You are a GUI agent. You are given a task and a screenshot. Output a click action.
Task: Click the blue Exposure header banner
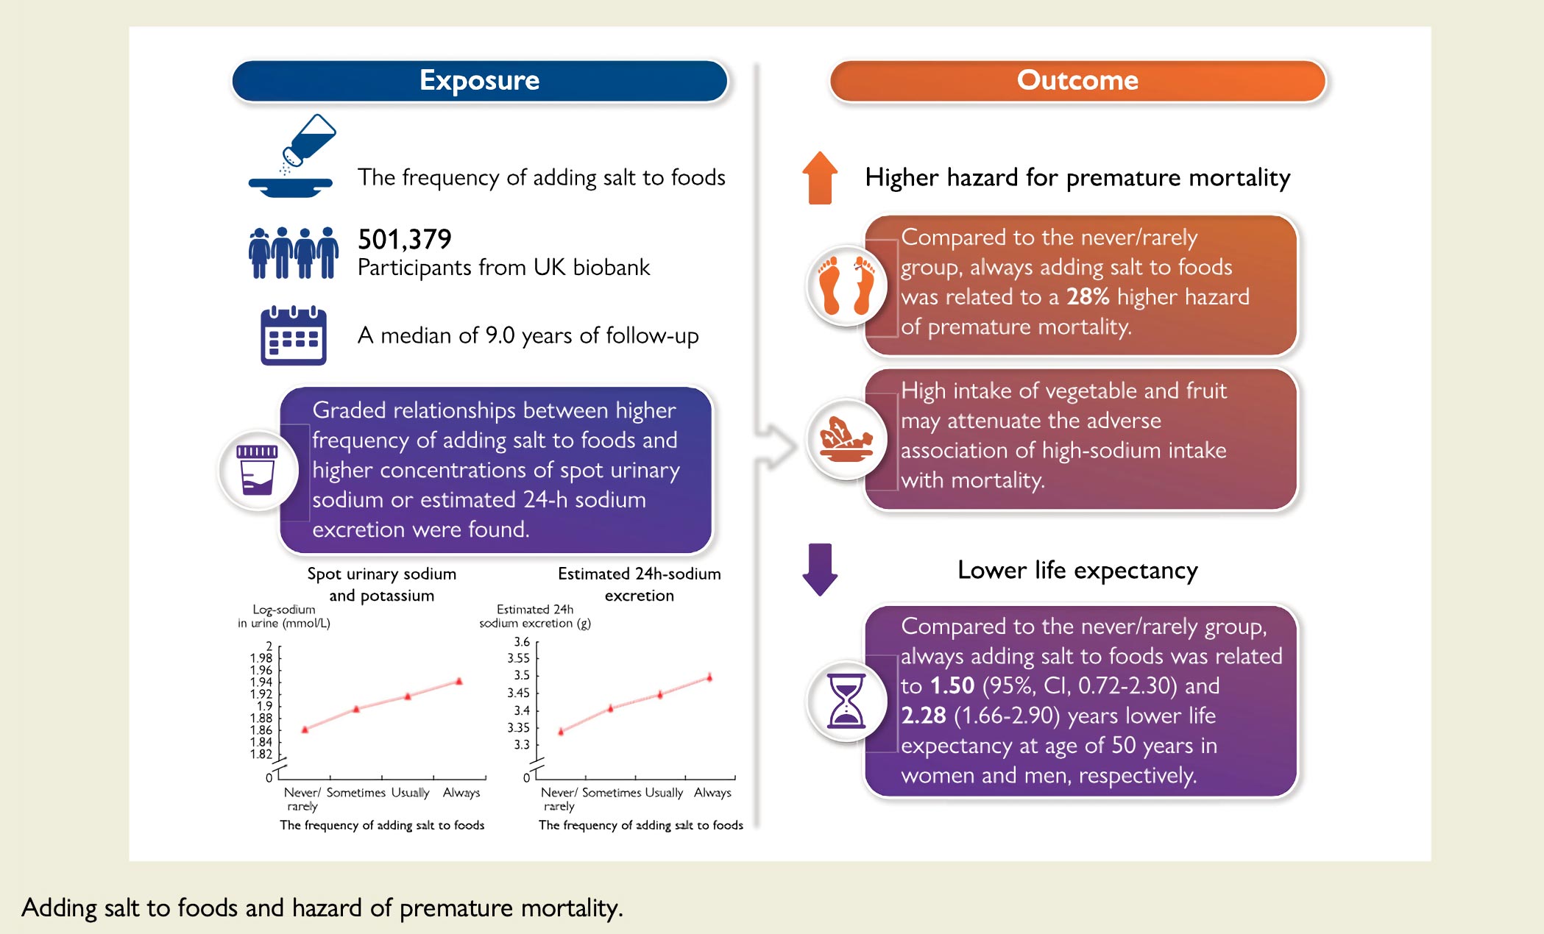(x=479, y=81)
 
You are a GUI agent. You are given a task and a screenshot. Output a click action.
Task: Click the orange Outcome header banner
(x=1077, y=81)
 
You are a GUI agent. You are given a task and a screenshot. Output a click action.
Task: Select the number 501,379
(x=404, y=240)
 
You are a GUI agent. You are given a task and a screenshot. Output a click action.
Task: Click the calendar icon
(x=293, y=335)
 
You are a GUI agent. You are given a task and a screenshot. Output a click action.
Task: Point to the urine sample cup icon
(x=257, y=470)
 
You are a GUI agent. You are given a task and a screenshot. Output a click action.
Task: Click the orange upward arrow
(x=820, y=178)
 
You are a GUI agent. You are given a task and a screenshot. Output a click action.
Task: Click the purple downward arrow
(x=820, y=568)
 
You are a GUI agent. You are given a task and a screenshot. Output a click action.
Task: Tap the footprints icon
(x=846, y=285)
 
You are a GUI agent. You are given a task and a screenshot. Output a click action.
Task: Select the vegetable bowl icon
(x=846, y=439)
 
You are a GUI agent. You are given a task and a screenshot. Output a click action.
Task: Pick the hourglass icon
(x=846, y=700)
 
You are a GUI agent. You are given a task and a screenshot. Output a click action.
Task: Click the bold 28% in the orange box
(x=1087, y=297)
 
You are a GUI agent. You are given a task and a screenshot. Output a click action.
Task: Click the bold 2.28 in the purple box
(x=923, y=716)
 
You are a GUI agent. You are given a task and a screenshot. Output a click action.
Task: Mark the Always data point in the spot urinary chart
(x=459, y=681)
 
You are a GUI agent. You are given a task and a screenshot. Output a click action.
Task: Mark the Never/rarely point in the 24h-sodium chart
(x=561, y=731)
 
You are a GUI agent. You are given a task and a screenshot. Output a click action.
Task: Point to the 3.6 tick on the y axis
(x=522, y=642)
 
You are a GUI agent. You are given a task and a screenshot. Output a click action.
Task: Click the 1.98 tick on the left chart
(x=261, y=658)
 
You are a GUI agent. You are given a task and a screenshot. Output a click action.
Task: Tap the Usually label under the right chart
(x=664, y=793)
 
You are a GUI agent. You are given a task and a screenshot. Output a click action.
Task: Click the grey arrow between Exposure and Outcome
(x=777, y=446)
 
